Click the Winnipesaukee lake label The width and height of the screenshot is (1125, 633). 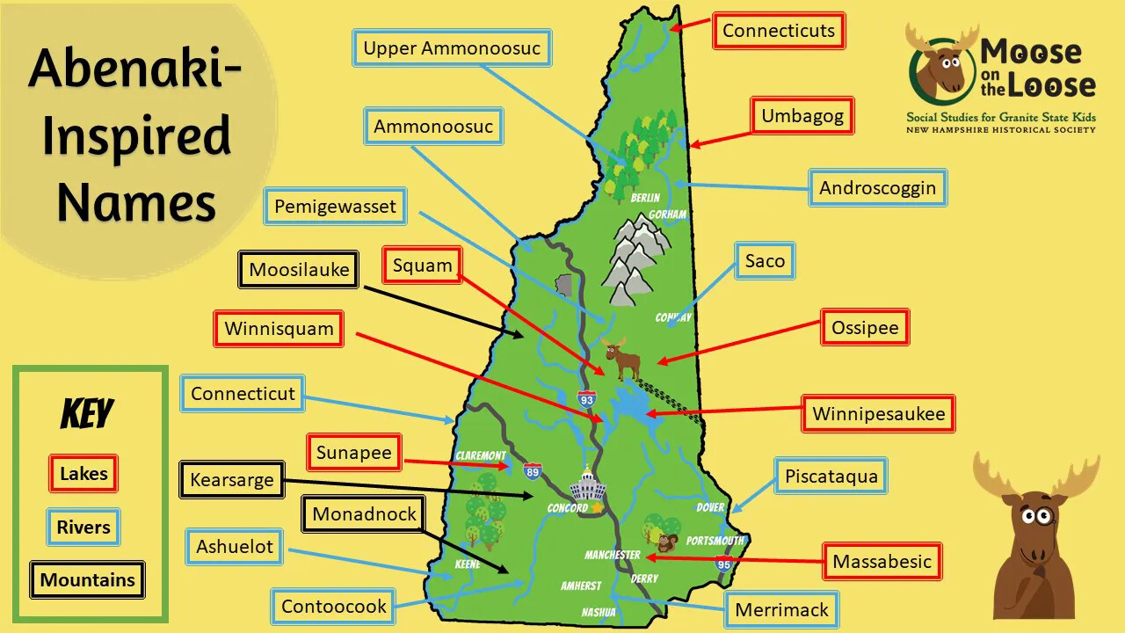[x=878, y=414]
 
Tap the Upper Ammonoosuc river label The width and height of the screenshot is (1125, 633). [x=452, y=48]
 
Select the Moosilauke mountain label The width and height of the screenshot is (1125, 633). [x=299, y=270]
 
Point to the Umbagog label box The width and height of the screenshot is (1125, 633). [x=802, y=116]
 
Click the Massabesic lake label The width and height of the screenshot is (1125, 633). [x=882, y=562]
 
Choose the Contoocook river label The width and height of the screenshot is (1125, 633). [x=334, y=607]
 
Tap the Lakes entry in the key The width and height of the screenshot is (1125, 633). [x=83, y=474]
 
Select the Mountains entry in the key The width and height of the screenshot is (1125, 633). [x=87, y=580]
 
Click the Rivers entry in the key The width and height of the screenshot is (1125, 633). [x=83, y=527]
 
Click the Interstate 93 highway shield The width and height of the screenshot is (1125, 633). [x=586, y=400]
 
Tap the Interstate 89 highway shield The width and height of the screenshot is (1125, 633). [x=532, y=472]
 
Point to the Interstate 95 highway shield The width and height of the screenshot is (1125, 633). [x=723, y=564]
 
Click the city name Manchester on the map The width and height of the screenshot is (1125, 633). [x=613, y=555]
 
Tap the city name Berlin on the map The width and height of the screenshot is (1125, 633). [x=645, y=198]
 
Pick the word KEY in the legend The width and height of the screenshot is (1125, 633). [x=87, y=413]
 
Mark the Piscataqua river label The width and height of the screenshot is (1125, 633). [x=831, y=477]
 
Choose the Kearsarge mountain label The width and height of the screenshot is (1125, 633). [x=232, y=480]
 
